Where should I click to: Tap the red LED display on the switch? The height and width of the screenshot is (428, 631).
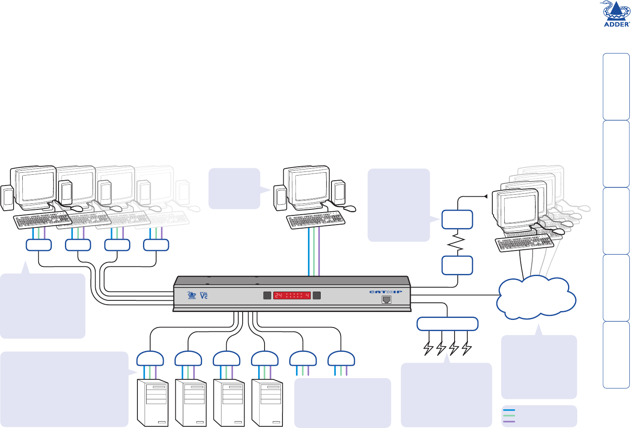click(x=292, y=296)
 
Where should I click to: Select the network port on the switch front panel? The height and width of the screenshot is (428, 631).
click(x=386, y=300)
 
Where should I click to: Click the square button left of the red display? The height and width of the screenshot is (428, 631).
click(x=267, y=296)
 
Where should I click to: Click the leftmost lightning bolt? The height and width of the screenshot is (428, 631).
click(x=428, y=348)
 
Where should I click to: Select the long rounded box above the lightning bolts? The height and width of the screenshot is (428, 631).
click(x=447, y=324)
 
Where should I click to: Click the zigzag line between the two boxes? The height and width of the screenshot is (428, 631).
click(x=457, y=243)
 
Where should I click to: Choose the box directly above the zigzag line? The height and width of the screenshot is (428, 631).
click(x=457, y=220)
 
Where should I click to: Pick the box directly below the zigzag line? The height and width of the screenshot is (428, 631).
click(x=457, y=265)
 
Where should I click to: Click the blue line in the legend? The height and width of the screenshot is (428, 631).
click(x=509, y=410)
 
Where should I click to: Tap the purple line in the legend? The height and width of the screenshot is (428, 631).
click(x=509, y=422)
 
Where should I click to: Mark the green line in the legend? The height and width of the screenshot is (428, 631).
click(x=509, y=416)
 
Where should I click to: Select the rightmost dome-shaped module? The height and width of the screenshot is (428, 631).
click(x=341, y=359)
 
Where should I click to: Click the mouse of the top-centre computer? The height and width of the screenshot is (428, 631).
click(x=349, y=208)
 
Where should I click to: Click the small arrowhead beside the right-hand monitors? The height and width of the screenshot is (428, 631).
click(x=485, y=196)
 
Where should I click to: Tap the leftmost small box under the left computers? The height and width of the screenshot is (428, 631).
click(x=39, y=245)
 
